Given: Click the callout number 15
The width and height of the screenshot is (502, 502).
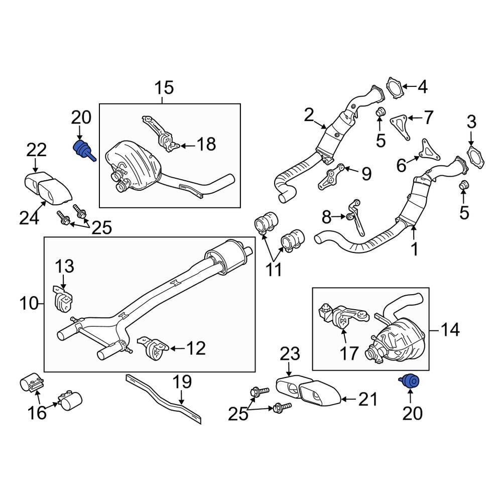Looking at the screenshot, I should (164, 88).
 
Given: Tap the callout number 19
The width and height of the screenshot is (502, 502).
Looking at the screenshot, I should (182, 383).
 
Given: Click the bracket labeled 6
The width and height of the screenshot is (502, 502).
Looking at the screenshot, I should (427, 151).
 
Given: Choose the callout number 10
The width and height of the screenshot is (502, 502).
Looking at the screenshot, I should (29, 303).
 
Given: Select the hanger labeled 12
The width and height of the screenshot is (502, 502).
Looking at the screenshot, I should (152, 349).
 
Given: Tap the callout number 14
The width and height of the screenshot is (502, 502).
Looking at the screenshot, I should (450, 330).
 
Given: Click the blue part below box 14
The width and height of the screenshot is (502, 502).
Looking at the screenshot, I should (411, 382).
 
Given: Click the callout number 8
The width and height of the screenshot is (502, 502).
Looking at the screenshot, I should (327, 217).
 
